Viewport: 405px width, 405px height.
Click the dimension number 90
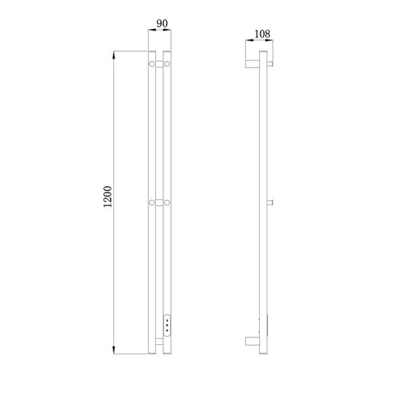[162, 24]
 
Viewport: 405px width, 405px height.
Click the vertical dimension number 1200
[107, 196]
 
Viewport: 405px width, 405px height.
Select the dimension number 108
[262, 34]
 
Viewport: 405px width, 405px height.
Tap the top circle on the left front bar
[152, 63]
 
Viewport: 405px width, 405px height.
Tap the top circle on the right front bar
[167, 63]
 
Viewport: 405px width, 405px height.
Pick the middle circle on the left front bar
[152, 202]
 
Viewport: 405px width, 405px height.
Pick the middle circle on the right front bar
[167, 202]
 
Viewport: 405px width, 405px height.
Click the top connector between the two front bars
[159, 64]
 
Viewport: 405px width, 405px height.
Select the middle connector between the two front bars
[159, 202]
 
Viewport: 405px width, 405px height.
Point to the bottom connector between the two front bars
[159, 342]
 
